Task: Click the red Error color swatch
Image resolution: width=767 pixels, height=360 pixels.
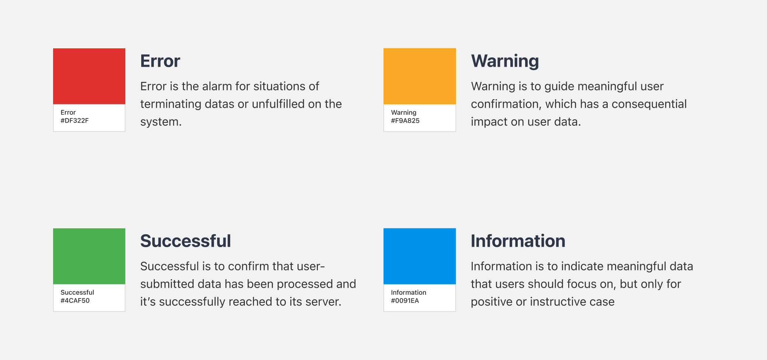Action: tap(89, 76)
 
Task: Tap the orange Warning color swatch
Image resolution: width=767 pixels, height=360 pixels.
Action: tap(420, 76)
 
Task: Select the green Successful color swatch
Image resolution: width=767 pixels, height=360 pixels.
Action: tap(89, 256)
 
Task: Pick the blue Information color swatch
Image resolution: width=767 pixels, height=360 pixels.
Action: tap(420, 256)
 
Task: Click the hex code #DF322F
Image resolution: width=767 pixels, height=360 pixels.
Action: tap(74, 121)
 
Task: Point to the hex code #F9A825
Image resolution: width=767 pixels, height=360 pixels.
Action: tap(405, 121)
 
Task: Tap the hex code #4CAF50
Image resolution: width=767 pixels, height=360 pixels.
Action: tap(75, 301)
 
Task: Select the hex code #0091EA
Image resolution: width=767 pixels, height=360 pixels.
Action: tap(405, 301)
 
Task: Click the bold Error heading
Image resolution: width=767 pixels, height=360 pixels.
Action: tap(160, 61)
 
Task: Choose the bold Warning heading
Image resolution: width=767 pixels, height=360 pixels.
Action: tap(505, 61)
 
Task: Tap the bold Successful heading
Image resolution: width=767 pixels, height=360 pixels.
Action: tap(185, 241)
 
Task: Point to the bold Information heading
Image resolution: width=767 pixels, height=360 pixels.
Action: tap(518, 241)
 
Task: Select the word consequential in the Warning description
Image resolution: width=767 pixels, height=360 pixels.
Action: tap(649, 104)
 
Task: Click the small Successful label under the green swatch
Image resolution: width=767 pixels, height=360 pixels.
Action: tap(77, 292)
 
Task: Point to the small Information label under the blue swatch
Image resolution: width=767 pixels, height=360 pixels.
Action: tap(409, 292)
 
